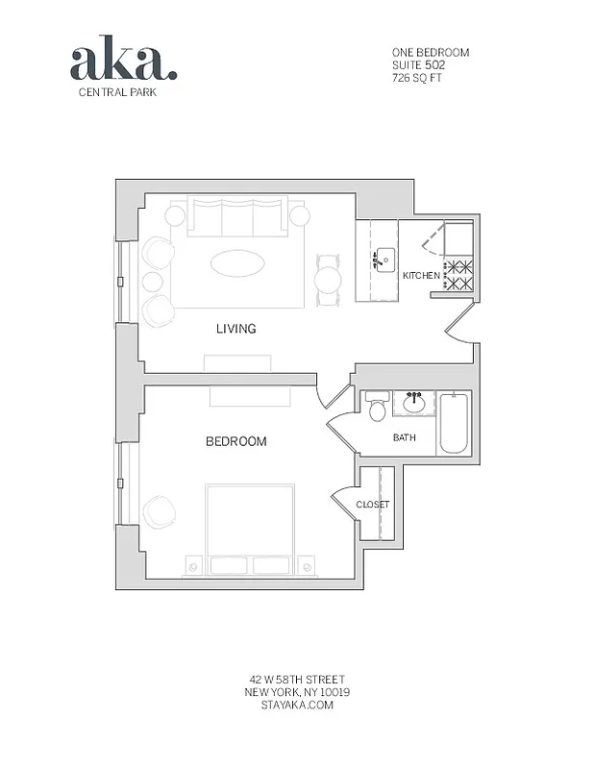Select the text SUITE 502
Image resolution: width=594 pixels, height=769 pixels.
click(x=417, y=64)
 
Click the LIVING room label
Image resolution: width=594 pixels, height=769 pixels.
click(x=235, y=329)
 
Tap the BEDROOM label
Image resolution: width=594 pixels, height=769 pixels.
click(x=235, y=442)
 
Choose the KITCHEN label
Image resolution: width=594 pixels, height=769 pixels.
click(x=421, y=276)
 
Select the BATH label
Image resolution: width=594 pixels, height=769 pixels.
click(x=405, y=438)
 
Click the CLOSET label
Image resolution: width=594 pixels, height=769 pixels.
click(x=372, y=505)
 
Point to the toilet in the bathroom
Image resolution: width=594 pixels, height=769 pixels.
click(x=377, y=409)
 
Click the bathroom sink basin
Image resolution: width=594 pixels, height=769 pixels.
click(x=416, y=403)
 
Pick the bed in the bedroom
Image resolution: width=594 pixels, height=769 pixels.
click(x=249, y=529)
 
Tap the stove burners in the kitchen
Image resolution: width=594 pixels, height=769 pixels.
click(x=458, y=276)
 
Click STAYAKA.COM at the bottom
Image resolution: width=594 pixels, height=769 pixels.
click(x=296, y=705)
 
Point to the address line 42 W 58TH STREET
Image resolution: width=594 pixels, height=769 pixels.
click(x=296, y=680)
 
